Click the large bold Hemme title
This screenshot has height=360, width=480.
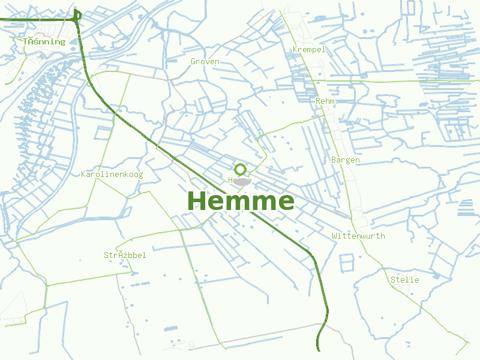(241, 200)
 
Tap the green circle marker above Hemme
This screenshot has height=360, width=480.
(241, 169)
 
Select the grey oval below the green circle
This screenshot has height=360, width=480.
(241, 181)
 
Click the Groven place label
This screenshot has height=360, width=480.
(205, 61)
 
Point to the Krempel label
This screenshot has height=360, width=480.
(309, 49)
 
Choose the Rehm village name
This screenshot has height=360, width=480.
(325, 101)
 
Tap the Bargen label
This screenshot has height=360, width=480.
(346, 160)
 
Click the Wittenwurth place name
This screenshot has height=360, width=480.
(358, 236)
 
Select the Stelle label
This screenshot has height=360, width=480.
(404, 280)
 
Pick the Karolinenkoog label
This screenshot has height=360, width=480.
(112, 174)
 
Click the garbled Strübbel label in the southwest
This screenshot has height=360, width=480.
(125, 255)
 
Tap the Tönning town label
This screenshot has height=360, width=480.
(44, 41)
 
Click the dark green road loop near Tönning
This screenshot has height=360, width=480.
(76, 16)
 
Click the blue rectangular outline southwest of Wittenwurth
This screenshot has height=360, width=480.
(347, 262)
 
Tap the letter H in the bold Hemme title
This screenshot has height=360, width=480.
(198, 200)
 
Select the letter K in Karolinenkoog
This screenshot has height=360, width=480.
(83, 174)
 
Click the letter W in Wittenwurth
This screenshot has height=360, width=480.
(335, 236)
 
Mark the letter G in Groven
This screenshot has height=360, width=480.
(193, 61)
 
